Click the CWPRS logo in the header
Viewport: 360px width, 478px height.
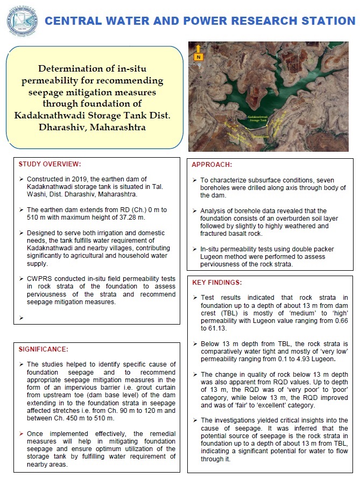pos(22,20)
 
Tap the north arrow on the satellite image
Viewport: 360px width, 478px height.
pos(199,52)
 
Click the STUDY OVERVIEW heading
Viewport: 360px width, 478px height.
pos(49,164)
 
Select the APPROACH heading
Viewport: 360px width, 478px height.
pos(213,164)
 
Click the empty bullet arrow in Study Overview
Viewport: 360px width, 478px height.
pos(21,318)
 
